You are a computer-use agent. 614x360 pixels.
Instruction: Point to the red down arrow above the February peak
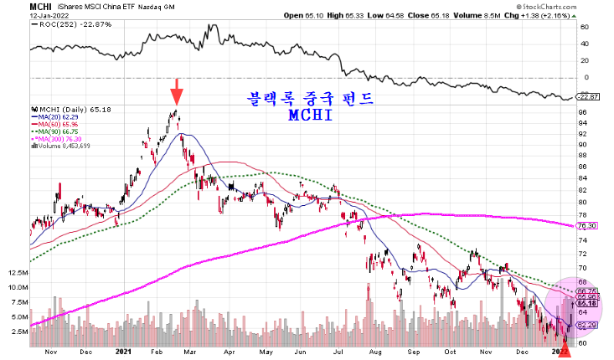click(176, 90)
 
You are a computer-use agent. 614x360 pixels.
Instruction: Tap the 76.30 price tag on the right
click(586, 225)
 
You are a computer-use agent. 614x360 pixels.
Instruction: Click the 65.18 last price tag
click(586, 302)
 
